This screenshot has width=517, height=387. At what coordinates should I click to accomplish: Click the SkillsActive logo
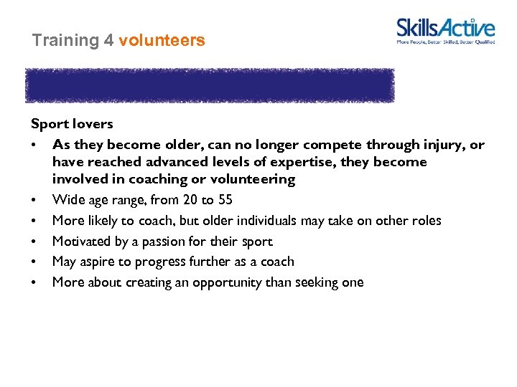(445, 31)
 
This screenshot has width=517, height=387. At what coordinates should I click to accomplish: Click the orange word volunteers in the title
(162, 41)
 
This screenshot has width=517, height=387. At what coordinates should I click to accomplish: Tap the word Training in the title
(65, 41)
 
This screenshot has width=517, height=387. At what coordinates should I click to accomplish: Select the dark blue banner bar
(210, 86)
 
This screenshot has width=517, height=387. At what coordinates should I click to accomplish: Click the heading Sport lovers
(72, 124)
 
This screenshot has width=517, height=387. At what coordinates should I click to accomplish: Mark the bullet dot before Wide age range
(34, 200)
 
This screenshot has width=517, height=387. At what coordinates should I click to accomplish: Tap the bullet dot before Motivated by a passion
(34, 242)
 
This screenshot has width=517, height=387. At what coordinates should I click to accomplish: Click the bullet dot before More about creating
(34, 282)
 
